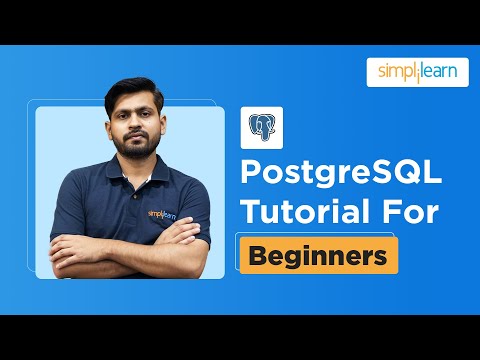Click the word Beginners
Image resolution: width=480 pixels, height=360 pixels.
click(318, 255)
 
